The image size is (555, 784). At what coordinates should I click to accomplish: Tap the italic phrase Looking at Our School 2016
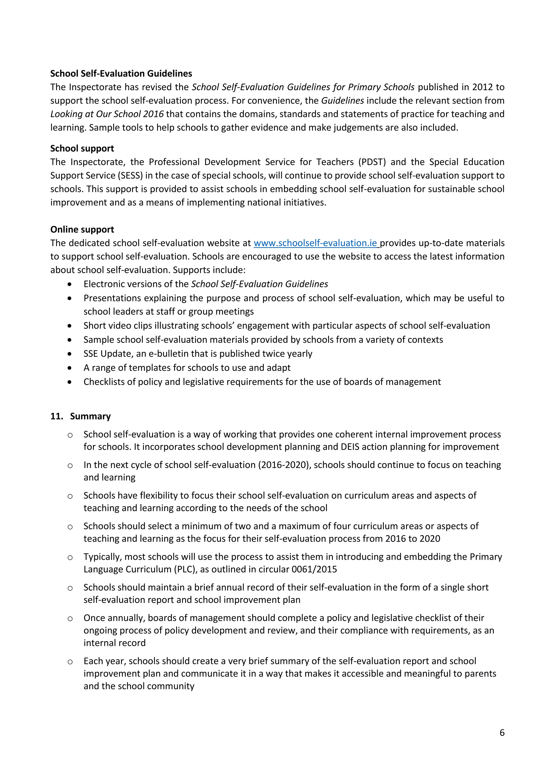107,114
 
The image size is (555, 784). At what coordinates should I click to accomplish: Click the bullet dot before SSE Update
70,354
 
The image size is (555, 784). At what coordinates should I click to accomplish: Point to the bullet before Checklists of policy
70,382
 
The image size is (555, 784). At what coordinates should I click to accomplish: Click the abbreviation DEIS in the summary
350,447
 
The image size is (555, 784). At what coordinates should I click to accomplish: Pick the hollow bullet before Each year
70,661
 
